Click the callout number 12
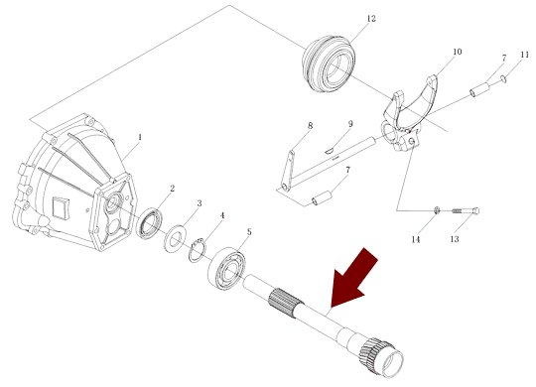tap(371, 19)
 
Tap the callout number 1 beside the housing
tap(140, 137)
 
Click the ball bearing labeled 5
tap(226, 269)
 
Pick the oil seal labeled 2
tap(149, 224)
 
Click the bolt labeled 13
tap(466, 211)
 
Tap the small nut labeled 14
tap(437, 210)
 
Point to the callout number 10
tap(457, 52)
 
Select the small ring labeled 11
tap(502, 79)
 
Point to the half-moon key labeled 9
tap(329, 150)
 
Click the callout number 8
tap(310, 125)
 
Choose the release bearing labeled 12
tap(329, 64)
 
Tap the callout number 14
tap(415, 239)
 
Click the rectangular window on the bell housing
tap(61, 208)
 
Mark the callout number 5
tap(249, 232)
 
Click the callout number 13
tap(455, 238)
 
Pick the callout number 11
tap(525, 55)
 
